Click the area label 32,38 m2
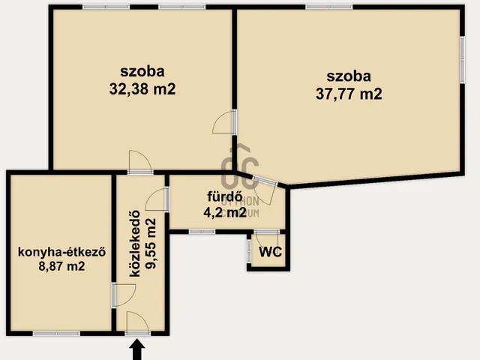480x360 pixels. [142, 89]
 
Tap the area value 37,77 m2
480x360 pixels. [349, 94]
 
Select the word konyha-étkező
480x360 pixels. [61, 252]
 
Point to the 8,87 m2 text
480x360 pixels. [61, 266]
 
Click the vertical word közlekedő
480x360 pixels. [135, 244]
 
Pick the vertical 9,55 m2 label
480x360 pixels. [151, 244]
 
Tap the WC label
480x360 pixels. [270, 252]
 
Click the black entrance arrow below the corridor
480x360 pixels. [136, 349]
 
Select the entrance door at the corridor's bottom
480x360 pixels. [137, 323]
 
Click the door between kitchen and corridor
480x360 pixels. [123, 295]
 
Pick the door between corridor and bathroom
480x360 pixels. [157, 199]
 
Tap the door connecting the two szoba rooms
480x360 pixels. [224, 121]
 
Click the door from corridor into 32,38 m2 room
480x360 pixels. [140, 162]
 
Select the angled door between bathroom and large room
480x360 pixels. [265, 190]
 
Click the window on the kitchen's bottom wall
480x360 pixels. [57, 333]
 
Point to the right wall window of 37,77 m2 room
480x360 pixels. [463, 60]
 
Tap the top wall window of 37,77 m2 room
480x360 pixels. [329, 7]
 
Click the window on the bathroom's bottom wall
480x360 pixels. [202, 232]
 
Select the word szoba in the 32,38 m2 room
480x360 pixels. [142, 71]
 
